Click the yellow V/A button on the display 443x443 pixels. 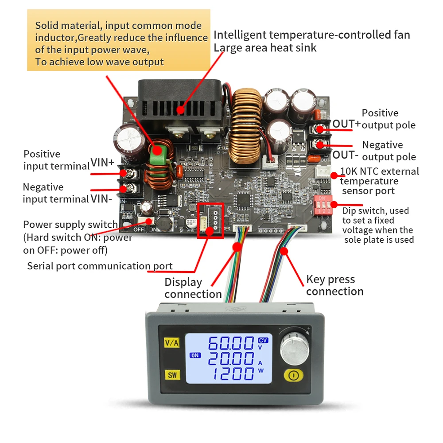coord(171,342)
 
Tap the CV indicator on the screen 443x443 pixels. coord(263,340)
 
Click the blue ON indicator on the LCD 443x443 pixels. coord(195,355)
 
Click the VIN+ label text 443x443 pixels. coord(103,163)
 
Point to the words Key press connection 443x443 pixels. coord(334,285)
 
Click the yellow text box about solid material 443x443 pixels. coord(119,43)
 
